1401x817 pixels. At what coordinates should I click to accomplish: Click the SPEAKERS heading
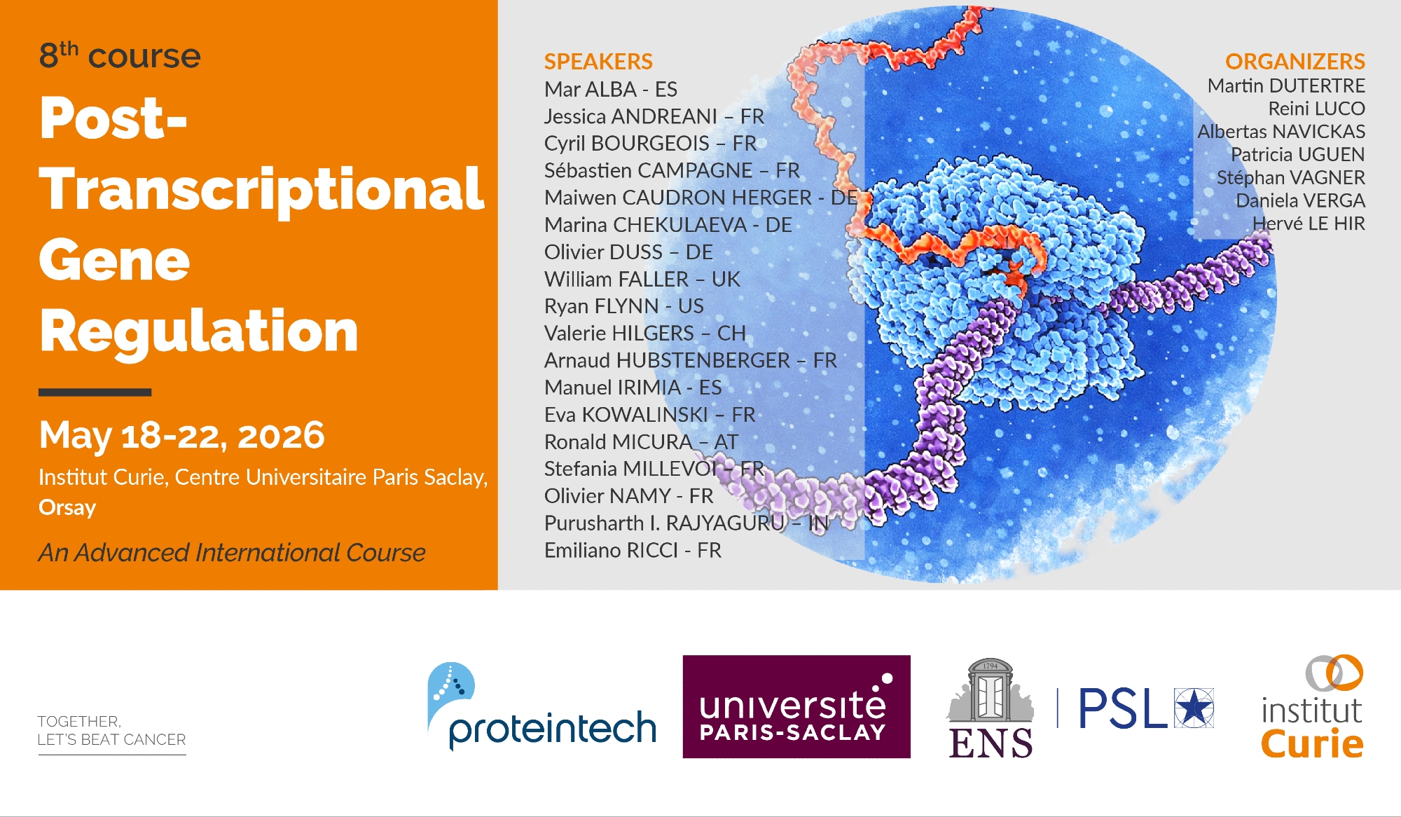point(598,62)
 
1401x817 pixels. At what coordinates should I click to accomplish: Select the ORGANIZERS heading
point(1295,62)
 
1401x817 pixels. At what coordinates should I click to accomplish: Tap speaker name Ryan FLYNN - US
point(624,306)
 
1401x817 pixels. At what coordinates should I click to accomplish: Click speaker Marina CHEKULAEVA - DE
point(668,225)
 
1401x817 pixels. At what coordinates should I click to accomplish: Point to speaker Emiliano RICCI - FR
point(633,551)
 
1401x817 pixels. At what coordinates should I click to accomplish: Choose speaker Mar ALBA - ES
point(611,90)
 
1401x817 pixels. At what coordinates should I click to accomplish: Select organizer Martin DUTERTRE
point(1286,85)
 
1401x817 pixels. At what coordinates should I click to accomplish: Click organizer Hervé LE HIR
point(1309,224)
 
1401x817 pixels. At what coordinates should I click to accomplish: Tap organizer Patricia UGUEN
point(1298,154)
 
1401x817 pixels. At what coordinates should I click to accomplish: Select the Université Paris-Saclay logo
point(796,706)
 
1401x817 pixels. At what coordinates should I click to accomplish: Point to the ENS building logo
point(991,708)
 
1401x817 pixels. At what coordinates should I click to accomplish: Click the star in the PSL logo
point(1194,708)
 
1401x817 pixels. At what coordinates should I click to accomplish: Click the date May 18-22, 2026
point(182,436)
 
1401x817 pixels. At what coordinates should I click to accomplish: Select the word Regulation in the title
point(199,331)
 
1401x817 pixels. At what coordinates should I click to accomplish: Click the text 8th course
point(120,55)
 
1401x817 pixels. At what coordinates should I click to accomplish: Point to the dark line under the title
point(95,392)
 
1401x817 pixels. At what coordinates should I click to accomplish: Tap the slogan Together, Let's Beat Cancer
point(112,731)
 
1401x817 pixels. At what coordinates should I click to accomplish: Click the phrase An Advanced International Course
point(232,553)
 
